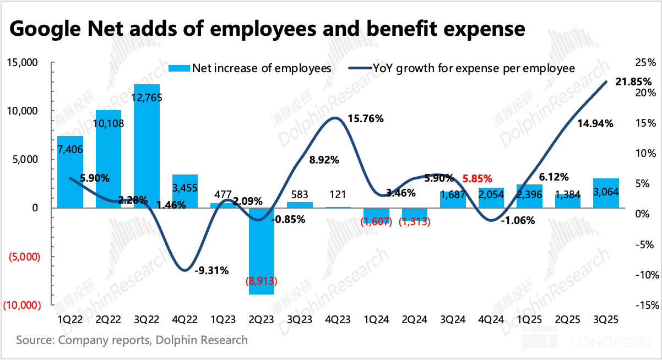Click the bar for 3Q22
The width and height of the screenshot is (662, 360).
(x=146, y=146)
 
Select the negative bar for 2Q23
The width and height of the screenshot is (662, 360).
(x=261, y=250)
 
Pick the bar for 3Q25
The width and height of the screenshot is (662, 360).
(x=606, y=193)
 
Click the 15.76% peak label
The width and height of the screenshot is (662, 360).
(x=365, y=118)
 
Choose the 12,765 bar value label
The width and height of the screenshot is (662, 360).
(x=146, y=97)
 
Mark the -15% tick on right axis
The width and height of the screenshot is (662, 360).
(x=642, y=305)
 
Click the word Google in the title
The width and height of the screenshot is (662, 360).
(x=46, y=28)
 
